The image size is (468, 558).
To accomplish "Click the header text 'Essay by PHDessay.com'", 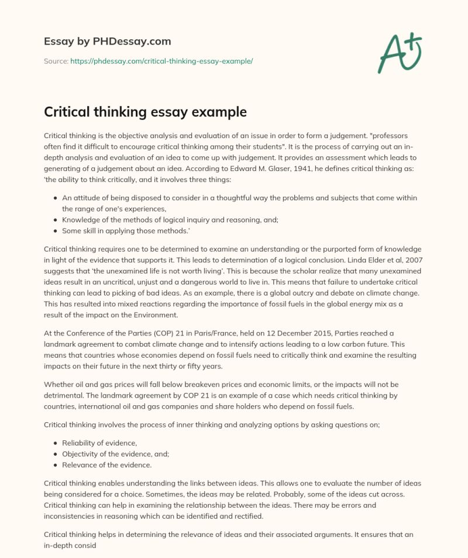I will pyautogui.click(x=108, y=42).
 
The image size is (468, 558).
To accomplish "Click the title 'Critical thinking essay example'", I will pyautogui.click(x=146, y=111).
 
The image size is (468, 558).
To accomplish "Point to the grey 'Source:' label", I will pyautogui.click(x=56, y=61).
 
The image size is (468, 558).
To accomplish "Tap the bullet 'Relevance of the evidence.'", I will pyautogui.click(x=107, y=465).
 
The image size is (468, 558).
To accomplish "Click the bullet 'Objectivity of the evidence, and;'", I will pyautogui.click(x=119, y=454).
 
